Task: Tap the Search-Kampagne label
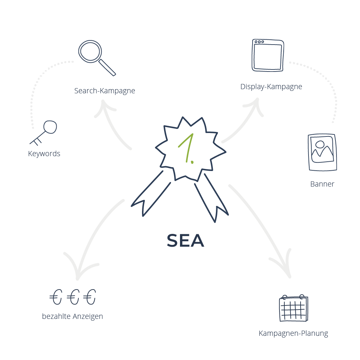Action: pos(104,91)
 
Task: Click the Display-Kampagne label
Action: pos(271,87)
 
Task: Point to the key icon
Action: pos(45,132)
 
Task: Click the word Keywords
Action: pos(44,154)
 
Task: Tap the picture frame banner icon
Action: pos(322,152)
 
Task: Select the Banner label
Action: pos(322,184)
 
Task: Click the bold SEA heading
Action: pos(186,241)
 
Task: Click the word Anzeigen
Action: pos(88,316)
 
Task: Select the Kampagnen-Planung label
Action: pos(293,334)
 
